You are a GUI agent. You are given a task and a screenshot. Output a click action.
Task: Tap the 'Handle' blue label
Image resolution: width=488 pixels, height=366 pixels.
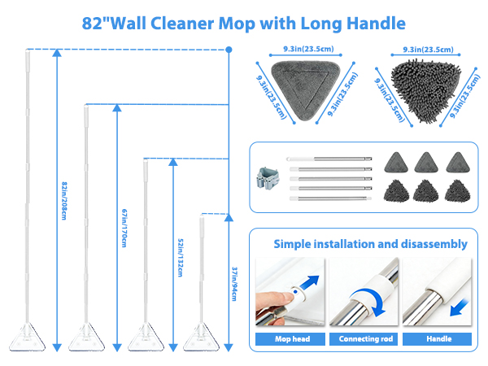[x=438, y=338]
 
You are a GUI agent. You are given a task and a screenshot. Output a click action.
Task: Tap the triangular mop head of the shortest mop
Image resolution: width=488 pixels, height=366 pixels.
[x=203, y=334]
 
